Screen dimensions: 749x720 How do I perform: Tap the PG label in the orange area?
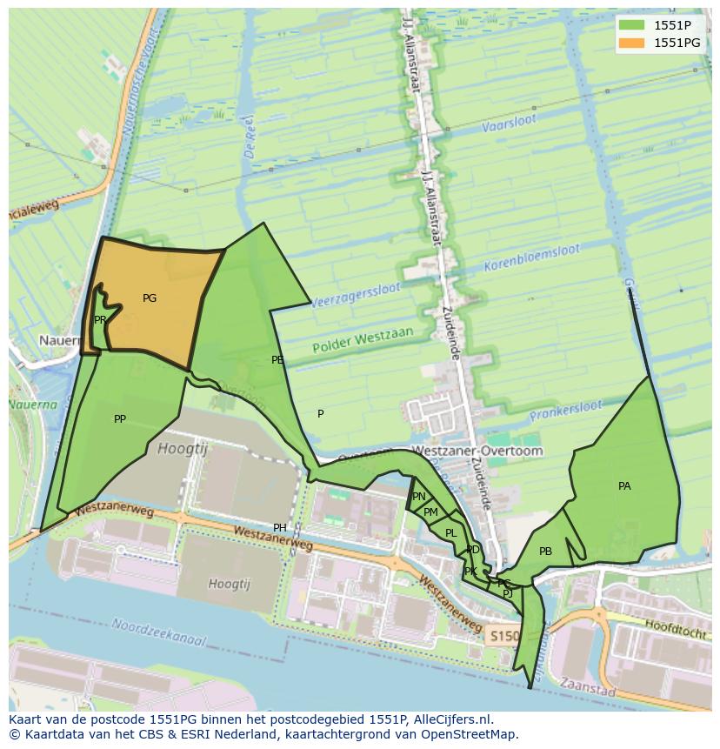click(x=150, y=298)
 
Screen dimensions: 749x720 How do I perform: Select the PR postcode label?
click(x=100, y=320)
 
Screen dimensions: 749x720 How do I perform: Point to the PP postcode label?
click(x=120, y=419)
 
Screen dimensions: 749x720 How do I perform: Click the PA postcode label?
click(x=624, y=486)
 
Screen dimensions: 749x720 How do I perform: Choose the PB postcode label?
click(x=545, y=552)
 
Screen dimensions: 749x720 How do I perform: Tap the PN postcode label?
click(x=419, y=497)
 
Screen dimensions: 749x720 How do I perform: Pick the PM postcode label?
click(x=430, y=512)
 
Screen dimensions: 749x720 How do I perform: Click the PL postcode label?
click(x=450, y=533)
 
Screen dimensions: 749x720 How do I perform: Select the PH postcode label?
click(x=280, y=528)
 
